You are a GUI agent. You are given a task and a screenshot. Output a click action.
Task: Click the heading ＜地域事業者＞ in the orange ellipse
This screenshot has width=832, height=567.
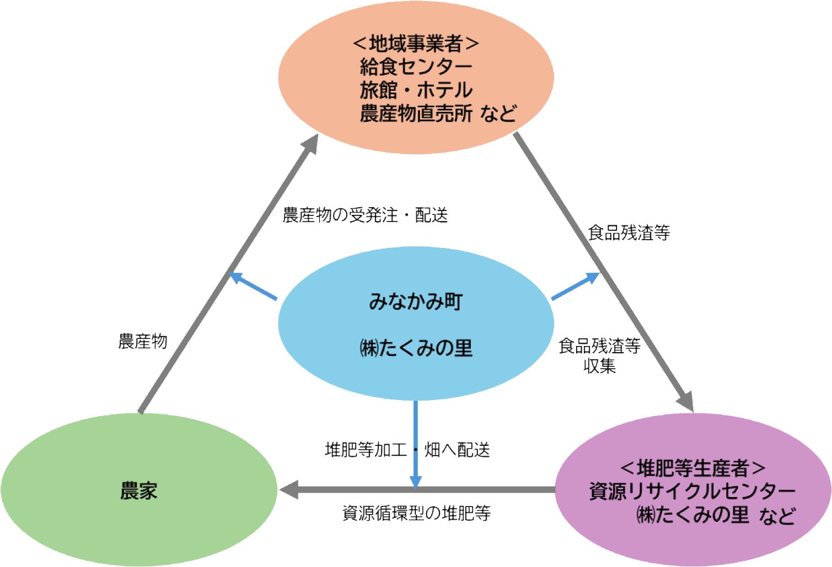point(416,43)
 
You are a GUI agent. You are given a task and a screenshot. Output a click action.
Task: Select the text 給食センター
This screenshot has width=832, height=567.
point(416,67)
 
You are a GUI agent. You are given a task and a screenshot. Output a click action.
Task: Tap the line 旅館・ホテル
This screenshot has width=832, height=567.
point(416,90)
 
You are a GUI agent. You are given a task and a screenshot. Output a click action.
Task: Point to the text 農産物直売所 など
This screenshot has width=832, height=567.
point(438,114)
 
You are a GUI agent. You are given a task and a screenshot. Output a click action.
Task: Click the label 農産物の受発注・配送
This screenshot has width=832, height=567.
point(365,215)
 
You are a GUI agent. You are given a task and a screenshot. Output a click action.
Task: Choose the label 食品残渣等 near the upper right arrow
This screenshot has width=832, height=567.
point(629,233)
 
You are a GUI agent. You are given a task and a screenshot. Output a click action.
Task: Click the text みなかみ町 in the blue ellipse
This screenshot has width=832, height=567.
point(416,301)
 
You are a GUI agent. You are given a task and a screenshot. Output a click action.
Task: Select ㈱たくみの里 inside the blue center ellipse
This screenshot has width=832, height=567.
point(416,348)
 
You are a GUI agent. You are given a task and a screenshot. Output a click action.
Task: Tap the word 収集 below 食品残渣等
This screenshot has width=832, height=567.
point(599,366)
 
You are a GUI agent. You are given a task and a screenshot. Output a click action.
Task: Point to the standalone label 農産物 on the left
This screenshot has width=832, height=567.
point(143,342)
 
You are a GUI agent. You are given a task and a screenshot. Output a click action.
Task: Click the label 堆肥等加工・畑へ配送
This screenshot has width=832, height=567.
point(407,450)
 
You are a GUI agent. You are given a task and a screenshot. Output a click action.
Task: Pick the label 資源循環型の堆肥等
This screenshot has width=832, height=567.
point(416,514)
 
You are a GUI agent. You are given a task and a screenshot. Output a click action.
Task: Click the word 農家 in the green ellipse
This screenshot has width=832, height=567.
point(139,490)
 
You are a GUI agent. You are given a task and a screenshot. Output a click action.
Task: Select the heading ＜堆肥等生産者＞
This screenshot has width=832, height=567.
point(693,468)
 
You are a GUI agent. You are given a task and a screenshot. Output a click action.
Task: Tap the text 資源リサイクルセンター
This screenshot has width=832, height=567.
point(693,491)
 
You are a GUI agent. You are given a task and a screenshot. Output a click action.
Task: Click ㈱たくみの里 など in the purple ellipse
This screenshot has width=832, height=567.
point(716,515)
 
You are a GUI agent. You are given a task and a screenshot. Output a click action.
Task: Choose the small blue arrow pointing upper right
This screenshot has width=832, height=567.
point(577,285)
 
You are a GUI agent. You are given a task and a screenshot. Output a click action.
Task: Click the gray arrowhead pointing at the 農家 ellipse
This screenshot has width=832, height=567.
point(289,489)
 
